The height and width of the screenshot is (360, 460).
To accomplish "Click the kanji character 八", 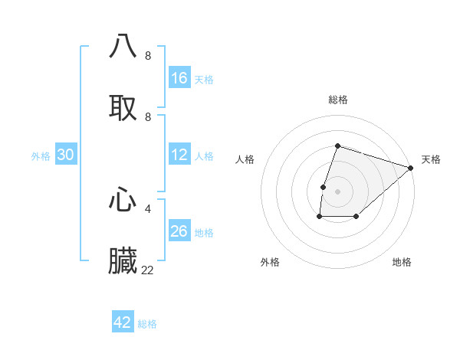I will [123, 46].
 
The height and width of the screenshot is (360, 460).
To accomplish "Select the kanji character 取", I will [123, 108].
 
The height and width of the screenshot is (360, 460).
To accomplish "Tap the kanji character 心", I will [123, 200].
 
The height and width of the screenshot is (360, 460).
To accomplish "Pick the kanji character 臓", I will [123, 261].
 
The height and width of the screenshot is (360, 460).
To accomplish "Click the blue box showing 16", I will [179, 78].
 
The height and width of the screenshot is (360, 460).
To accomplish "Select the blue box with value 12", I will [179, 155].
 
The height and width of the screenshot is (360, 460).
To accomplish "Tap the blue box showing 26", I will [179, 232].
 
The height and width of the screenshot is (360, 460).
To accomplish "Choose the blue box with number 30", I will [66, 155].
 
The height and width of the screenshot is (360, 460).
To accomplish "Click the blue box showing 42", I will [123, 323].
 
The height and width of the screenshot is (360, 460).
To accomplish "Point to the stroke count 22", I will [148, 270].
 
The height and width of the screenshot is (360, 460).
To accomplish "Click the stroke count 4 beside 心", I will [148, 208].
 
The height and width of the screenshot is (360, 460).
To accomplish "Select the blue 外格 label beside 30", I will [41, 156].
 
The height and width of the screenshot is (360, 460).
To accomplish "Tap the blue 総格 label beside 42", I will [147, 324].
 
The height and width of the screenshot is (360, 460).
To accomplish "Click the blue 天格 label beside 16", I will [204, 79].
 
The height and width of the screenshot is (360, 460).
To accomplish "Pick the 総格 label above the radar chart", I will [338, 100].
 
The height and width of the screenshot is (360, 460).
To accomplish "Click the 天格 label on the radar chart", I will [431, 159].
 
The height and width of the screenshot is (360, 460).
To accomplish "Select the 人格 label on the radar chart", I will [245, 159].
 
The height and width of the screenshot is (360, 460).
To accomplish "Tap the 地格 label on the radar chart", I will [402, 263].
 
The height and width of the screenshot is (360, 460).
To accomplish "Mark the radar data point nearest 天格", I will [411, 167].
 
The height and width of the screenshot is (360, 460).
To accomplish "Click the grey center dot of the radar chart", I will [338, 191].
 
